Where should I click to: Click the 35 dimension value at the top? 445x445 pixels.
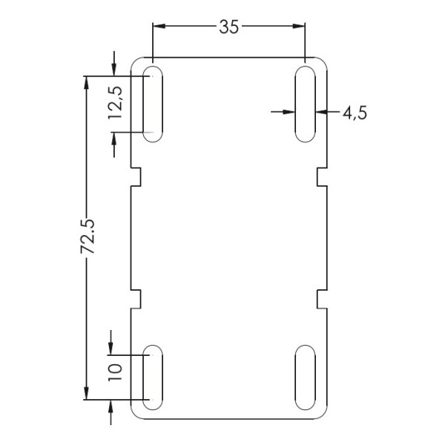pyautogui.click(x=228, y=27)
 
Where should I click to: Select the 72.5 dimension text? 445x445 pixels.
pyautogui.click(x=88, y=237)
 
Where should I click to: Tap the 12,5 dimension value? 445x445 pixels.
pyautogui.click(x=116, y=102)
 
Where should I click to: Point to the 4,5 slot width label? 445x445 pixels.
pyautogui.click(x=355, y=113)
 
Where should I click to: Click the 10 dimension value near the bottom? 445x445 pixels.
pyautogui.click(x=115, y=372)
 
